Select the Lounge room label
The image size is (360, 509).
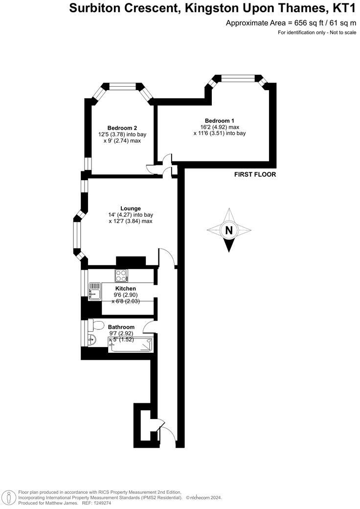click(x=131, y=208)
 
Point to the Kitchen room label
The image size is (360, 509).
click(x=125, y=289)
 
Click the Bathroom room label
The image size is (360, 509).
click(x=121, y=327)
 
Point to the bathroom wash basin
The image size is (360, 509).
click(x=91, y=340)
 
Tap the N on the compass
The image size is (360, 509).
click(x=228, y=230)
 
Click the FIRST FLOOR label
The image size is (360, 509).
click(x=255, y=175)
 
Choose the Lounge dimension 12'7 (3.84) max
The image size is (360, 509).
click(x=130, y=221)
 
